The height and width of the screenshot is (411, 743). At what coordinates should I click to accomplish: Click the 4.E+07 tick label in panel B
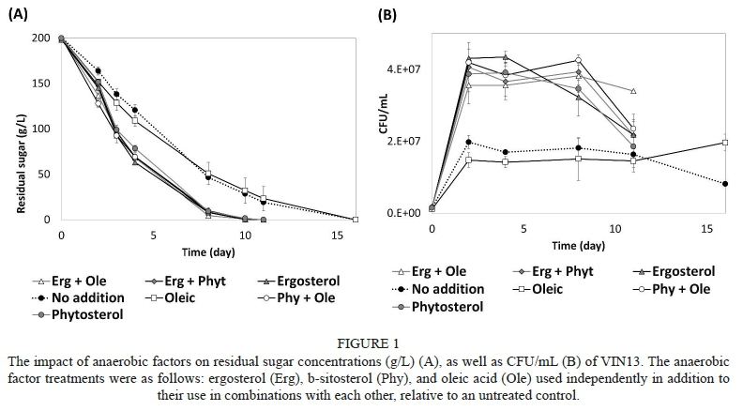(x=402, y=70)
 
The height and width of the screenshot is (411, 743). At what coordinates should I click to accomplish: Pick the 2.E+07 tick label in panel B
(x=402, y=142)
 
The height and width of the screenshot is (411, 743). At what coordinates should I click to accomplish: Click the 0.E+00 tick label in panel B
(x=402, y=213)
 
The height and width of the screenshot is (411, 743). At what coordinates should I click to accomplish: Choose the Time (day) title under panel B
(x=579, y=246)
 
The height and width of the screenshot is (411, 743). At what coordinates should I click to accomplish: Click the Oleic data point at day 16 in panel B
(x=725, y=143)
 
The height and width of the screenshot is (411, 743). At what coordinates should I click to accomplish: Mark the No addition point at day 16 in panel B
(x=725, y=183)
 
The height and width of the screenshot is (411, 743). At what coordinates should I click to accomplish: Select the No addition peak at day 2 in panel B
(x=468, y=142)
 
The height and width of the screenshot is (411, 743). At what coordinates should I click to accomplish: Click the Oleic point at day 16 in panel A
(x=356, y=220)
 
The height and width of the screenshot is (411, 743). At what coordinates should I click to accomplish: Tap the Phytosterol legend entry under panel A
(x=79, y=314)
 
